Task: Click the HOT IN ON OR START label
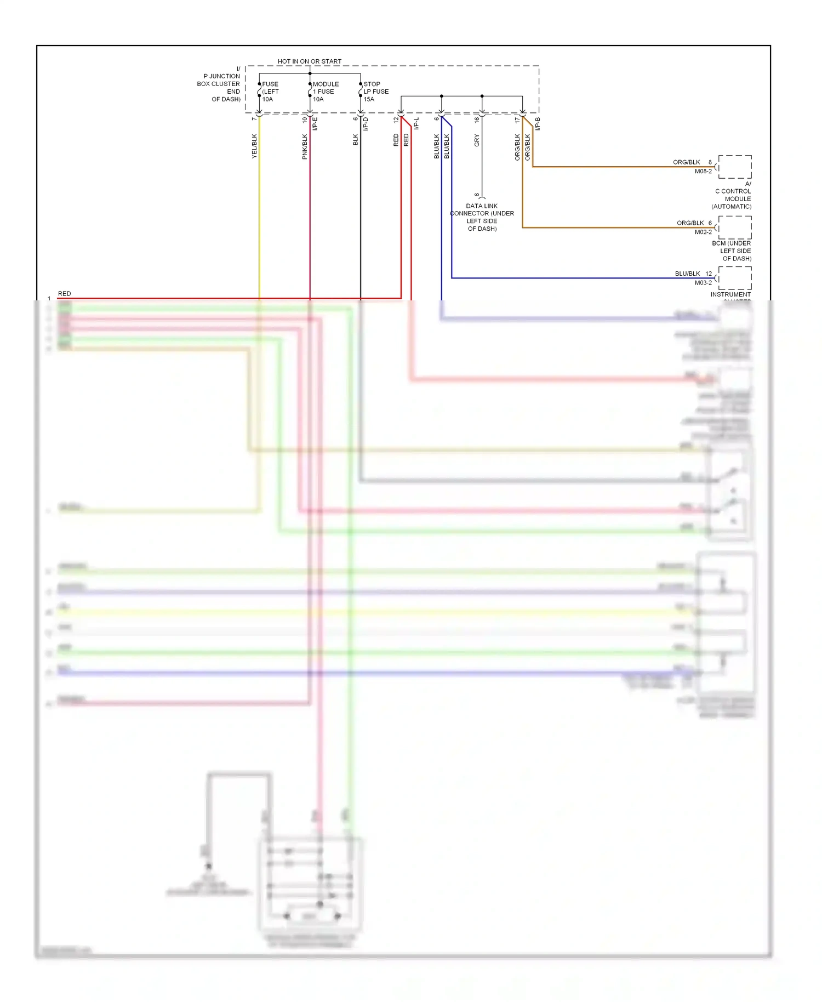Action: pos(309,61)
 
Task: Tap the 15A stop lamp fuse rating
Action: pos(369,99)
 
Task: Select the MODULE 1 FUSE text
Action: pos(326,88)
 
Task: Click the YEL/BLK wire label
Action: pos(254,146)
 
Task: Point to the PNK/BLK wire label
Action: pos(305,146)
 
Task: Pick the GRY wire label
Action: pos(477,140)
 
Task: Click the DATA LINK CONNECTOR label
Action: pos(482,217)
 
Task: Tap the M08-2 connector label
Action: pos(703,172)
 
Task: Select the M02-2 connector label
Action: pos(703,232)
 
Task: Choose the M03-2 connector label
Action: pos(703,283)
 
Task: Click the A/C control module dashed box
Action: pos(735,167)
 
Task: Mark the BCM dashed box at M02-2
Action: pos(735,227)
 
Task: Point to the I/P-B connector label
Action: pos(538,124)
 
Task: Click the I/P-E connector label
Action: pos(315,124)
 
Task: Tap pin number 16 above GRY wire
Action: pos(477,119)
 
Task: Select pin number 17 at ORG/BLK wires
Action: pos(517,119)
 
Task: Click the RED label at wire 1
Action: pos(64,294)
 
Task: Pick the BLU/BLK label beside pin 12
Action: pos(687,274)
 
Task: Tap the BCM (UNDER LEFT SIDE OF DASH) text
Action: pos(732,251)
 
